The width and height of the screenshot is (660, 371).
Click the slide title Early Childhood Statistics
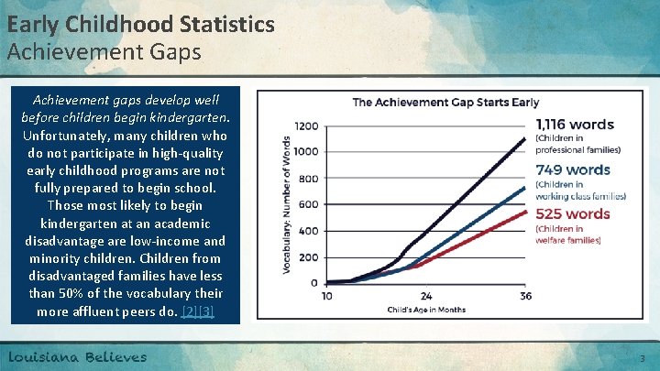pos(140,23)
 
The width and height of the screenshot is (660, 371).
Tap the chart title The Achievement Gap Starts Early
pos(445,102)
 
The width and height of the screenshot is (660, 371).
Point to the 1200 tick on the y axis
pos(307,125)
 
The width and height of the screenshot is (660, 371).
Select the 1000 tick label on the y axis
pos(307,151)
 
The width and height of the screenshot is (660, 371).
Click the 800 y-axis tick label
pos(310,178)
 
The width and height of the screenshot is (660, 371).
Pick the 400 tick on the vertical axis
pos(310,231)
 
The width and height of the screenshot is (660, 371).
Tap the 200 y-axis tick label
pos(310,256)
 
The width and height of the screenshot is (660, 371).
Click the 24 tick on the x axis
pos(426,296)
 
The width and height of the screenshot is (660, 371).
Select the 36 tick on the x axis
pos(525,296)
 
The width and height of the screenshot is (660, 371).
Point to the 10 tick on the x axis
pos(327,296)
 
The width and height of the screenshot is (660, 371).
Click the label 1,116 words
pos(575,125)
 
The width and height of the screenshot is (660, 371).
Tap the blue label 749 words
pos(573,169)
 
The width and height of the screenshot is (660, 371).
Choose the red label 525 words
pos(573,214)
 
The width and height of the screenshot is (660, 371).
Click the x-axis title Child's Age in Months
pos(426,310)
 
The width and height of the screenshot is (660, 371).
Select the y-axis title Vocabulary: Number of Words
pos(288,203)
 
